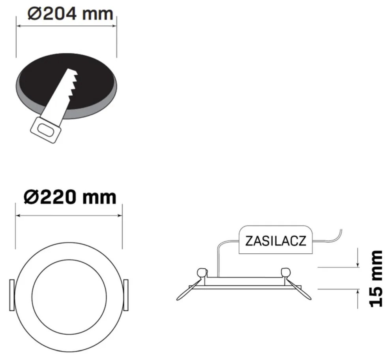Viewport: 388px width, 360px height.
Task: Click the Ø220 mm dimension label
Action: tap(70, 198)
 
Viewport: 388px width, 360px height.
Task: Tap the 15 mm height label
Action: tap(376, 279)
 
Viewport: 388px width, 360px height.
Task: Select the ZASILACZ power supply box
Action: tap(276, 240)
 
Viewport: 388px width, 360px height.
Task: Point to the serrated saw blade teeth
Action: tap(74, 83)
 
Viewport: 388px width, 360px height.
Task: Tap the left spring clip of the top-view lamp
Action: tap(12, 295)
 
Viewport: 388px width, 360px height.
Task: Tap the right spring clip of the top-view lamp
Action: tap(126, 295)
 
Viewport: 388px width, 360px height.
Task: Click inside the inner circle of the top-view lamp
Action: tap(69, 297)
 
